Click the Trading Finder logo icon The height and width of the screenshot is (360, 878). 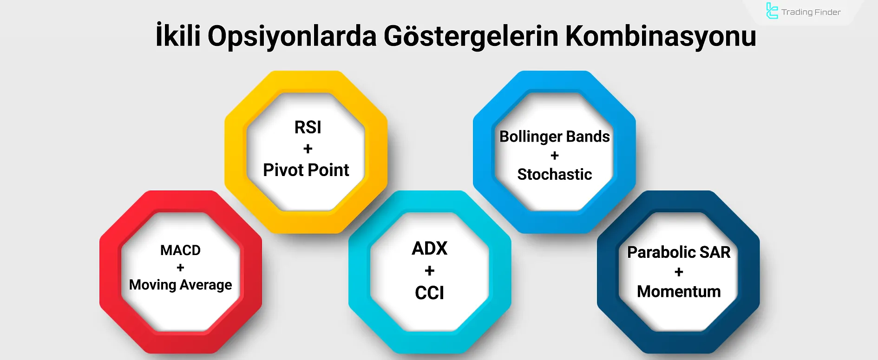pos(772,11)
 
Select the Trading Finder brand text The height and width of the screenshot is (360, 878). pos(811,12)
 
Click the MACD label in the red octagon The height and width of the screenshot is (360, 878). pos(180,250)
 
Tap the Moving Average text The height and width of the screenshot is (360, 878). pos(180,285)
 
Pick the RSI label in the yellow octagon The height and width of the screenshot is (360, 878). pos(308,127)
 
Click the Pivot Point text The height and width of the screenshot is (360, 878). pos(306,170)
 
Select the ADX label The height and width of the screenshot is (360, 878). pos(429,249)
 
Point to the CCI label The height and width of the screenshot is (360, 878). pos(429,293)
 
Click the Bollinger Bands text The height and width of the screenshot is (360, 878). pos(554,137)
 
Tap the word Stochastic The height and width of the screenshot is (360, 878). pos(554,174)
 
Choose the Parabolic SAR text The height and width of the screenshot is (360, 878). pos(679,252)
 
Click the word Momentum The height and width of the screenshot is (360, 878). pos(679,291)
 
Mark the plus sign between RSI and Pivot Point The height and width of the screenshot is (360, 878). pos(308,149)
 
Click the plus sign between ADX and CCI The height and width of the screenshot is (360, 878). pos(429,270)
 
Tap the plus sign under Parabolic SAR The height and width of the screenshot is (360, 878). pos(679,272)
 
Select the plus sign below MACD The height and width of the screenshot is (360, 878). pos(180,268)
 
